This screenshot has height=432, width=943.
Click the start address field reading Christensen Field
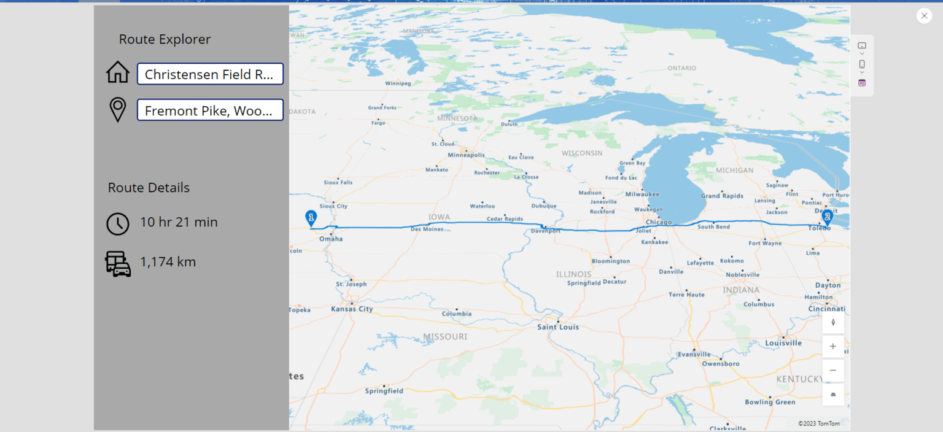[210, 74]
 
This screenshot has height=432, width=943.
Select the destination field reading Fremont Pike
[210, 110]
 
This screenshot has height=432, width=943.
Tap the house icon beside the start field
[118, 72]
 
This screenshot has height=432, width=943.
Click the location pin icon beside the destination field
[118, 110]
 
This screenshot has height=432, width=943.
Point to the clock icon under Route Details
[118, 224]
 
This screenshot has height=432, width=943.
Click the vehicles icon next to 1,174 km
[118, 264]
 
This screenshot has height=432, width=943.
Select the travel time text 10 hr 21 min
[179, 222]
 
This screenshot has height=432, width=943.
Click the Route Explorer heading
[165, 39]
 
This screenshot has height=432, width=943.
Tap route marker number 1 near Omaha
[311, 218]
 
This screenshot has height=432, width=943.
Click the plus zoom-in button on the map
[833, 347]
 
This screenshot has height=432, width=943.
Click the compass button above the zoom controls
[833, 323]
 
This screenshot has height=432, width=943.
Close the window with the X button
[924, 16]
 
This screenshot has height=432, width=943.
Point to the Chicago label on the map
[659, 222]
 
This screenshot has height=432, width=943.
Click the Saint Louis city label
[558, 327]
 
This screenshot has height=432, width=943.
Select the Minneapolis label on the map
[466, 155]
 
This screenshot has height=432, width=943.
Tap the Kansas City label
[352, 309]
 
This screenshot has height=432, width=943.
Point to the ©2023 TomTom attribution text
[818, 423]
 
